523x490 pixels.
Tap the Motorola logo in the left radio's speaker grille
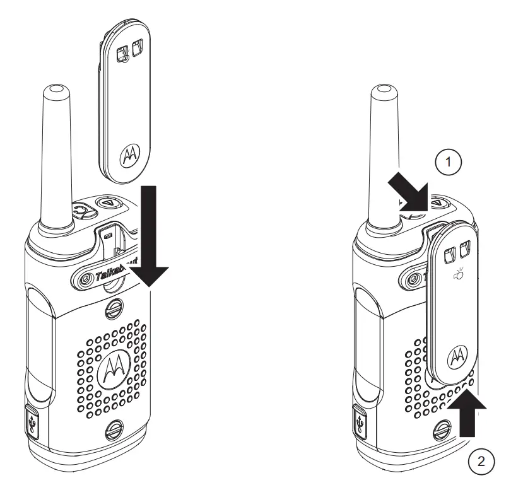point(115,367)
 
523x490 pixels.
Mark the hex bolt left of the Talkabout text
point(83,276)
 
